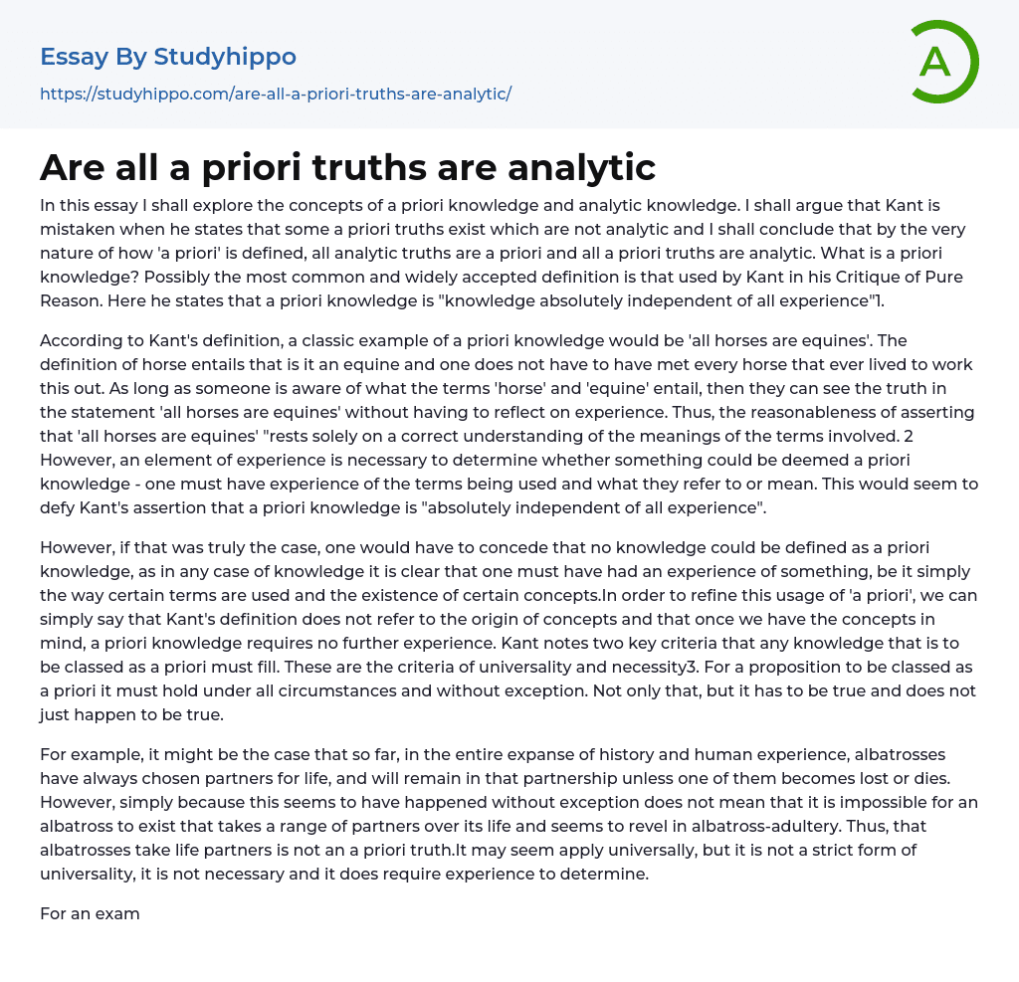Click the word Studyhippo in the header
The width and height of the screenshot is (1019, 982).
coord(225,57)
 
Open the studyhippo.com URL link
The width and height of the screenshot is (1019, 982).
coord(276,95)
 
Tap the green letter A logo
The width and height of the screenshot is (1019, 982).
coord(936,62)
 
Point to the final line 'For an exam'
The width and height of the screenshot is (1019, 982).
coord(90,913)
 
